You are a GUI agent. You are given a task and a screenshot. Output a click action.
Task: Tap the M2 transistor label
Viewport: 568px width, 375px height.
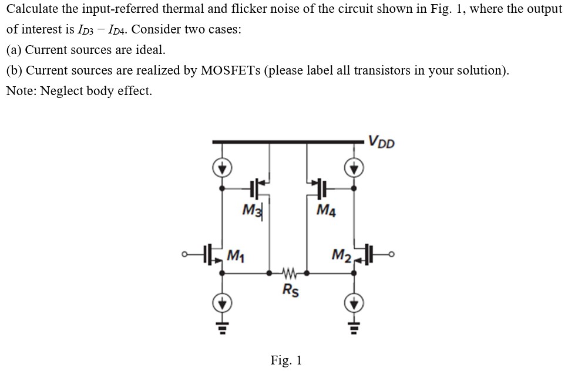point(341,254)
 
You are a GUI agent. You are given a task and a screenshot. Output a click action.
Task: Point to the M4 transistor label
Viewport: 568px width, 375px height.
point(326,210)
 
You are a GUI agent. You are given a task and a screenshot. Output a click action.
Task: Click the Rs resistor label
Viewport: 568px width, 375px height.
point(290,290)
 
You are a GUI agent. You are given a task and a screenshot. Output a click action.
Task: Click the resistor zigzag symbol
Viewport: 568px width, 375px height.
point(288,273)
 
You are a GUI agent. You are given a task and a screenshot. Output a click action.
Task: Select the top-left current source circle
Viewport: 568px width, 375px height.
point(222,168)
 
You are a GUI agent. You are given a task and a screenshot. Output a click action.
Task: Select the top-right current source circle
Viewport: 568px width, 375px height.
point(354,168)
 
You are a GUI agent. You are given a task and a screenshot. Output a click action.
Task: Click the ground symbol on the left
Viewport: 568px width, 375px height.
point(222,323)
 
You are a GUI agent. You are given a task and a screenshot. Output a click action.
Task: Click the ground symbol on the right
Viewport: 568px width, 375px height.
point(354,323)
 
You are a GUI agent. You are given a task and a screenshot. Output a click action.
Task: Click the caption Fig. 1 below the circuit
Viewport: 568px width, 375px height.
point(286,360)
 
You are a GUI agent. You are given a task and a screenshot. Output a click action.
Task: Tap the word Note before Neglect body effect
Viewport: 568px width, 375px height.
point(20,92)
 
